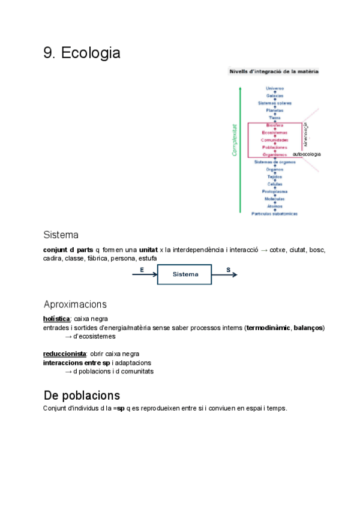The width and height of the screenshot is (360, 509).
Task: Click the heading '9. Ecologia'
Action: pyautogui.click(x=82, y=53)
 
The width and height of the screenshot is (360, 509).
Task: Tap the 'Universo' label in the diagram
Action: pyautogui.click(x=275, y=88)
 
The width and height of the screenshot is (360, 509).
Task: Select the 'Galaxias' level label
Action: pyautogui.click(x=275, y=95)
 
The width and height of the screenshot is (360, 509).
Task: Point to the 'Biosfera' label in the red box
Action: pyautogui.click(x=275, y=125)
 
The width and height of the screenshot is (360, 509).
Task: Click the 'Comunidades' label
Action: pyautogui.click(x=275, y=140)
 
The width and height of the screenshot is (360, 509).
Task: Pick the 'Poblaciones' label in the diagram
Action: pyautogui.click(x=275, y=147)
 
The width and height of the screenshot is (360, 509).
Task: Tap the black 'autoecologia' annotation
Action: pyautogui.click(x=306, y=154)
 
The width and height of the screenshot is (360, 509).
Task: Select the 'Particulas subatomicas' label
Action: pyautogui.click(x=275, y=213)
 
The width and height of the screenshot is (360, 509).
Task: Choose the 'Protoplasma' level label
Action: pyautogui.click(x=275, y=191)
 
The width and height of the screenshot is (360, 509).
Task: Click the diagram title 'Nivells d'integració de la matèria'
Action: pyautogui.click(x=274, y=71)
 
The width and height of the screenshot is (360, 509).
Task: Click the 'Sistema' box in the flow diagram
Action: pyautogui.click(x=185, y=274)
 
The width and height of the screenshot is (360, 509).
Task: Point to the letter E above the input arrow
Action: pyautogui.click(x=142, y=270)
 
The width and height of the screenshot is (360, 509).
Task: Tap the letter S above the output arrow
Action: pyautogui.click(x=229, y=270)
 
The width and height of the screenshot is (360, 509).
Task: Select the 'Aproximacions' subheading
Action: pyautogui.click(x=75, y=304)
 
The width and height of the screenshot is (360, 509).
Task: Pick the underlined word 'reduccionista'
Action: pyautogui.click(x=65, y=354)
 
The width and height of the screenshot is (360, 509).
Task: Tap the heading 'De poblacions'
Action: pyautogui.click(x=82, y=396)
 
